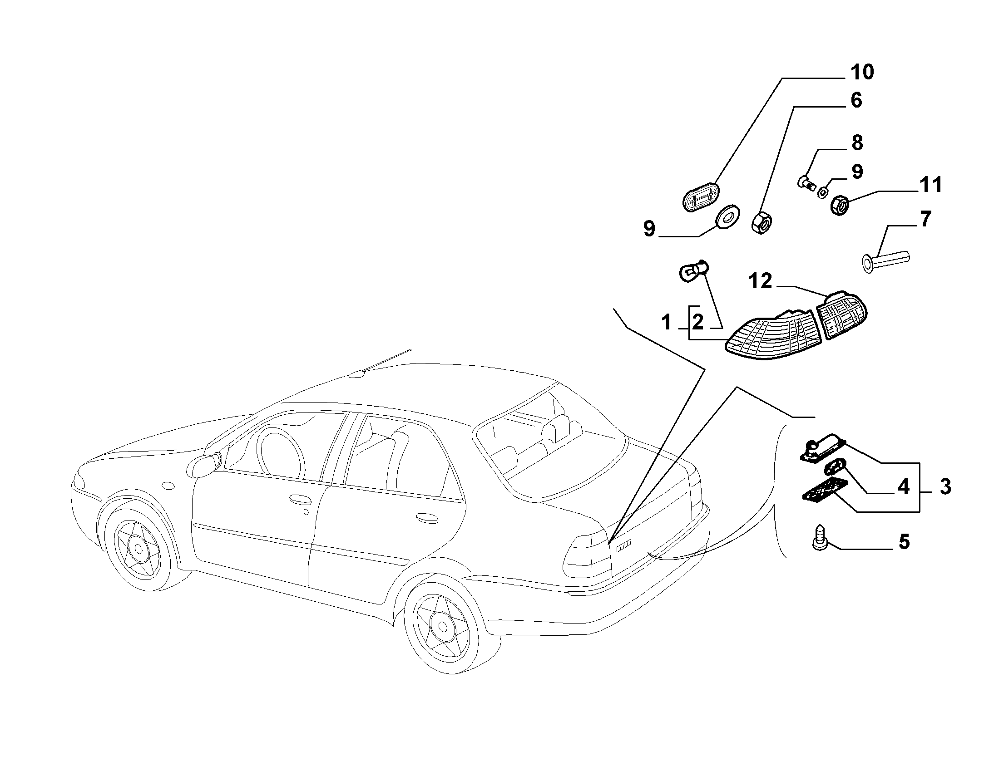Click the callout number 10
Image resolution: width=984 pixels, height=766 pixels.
point(861,73)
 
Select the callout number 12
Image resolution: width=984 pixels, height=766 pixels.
point(761,281)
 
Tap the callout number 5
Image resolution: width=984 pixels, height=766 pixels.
point(904,542)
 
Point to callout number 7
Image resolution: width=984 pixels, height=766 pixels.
point(925,219)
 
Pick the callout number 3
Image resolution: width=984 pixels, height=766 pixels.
point(945,486)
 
